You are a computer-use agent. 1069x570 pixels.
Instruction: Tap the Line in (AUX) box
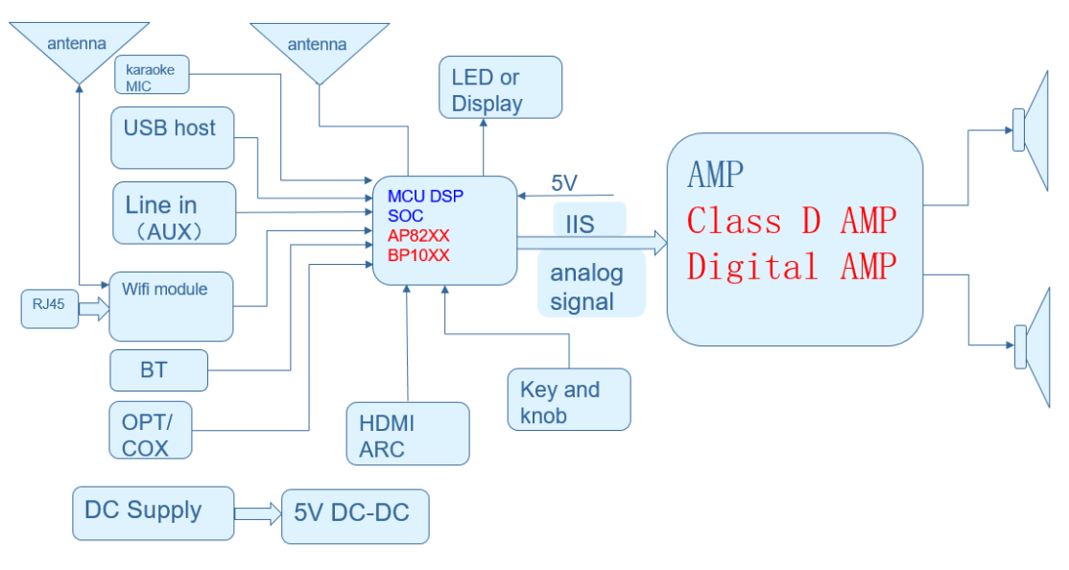(174, 213)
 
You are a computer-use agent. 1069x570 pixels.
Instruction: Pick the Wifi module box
(171, 306)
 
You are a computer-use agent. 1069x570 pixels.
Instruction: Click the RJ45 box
(50, 307)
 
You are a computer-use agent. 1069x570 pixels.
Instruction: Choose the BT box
(158, 370)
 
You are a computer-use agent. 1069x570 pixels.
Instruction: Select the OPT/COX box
(151, 432)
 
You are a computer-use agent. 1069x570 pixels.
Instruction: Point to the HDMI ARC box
(408, 434)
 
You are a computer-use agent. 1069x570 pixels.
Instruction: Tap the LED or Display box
(500, 88)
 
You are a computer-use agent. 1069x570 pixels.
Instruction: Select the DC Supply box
(153, 512)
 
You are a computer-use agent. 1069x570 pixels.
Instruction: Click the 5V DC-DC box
(354, 516)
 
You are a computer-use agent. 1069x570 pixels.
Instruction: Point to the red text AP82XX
(418, 236)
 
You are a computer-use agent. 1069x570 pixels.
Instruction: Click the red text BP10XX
(418, 255)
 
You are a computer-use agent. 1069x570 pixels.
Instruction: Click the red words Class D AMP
(791, 221)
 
